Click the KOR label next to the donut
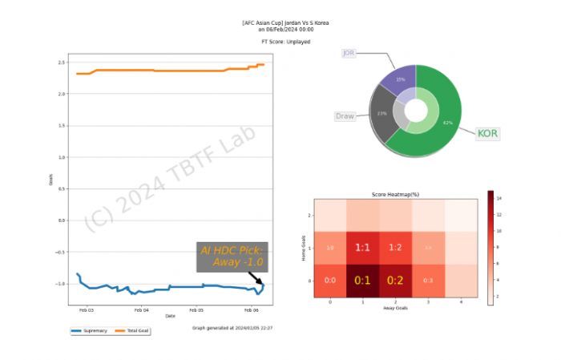click(x=486, y=132)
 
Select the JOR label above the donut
click(x=349, y=53)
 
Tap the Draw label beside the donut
click(x=345, y=116)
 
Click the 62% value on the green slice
click(x=447, y=123)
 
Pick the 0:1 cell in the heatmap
click(x=362, y=281)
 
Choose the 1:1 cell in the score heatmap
click(x=362, y=248)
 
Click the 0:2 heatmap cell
click(x=394, y=281)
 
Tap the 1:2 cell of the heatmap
click(x=394, y=248)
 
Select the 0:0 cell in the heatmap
click(x=329, y=281)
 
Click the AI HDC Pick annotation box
click(x=232, y=257)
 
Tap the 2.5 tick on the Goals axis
click(x=61, y=63)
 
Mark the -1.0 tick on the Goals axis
click(x=59, y=284)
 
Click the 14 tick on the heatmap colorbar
click(x=499, y=196)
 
